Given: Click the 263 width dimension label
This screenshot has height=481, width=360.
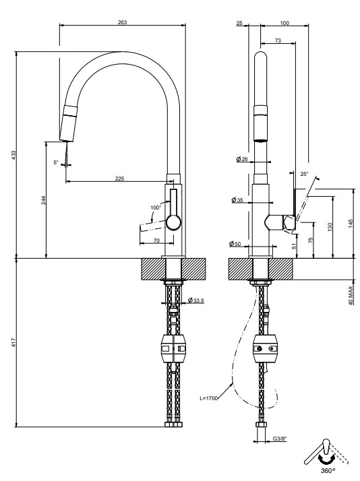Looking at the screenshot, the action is click(x=122, y=22).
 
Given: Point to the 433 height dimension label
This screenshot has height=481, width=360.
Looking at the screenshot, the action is click(x=13, y=155).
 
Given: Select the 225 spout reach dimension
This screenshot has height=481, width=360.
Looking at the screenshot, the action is click(x=120, y=179).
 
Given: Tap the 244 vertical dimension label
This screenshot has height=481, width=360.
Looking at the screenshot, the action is click(x=44, y=200).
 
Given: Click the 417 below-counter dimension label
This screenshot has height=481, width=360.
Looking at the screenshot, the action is click(x=13, y=342).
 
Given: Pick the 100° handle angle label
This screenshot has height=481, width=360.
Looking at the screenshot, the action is click(x=156, y=207).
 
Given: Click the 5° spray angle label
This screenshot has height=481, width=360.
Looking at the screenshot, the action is click(x=55, y=162).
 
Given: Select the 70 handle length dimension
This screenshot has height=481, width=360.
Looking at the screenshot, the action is click(x=156, y=241).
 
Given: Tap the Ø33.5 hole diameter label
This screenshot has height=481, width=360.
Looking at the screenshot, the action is click(x=196, y=300).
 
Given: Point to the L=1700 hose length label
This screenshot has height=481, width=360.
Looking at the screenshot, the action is click(x=209, y=398).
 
